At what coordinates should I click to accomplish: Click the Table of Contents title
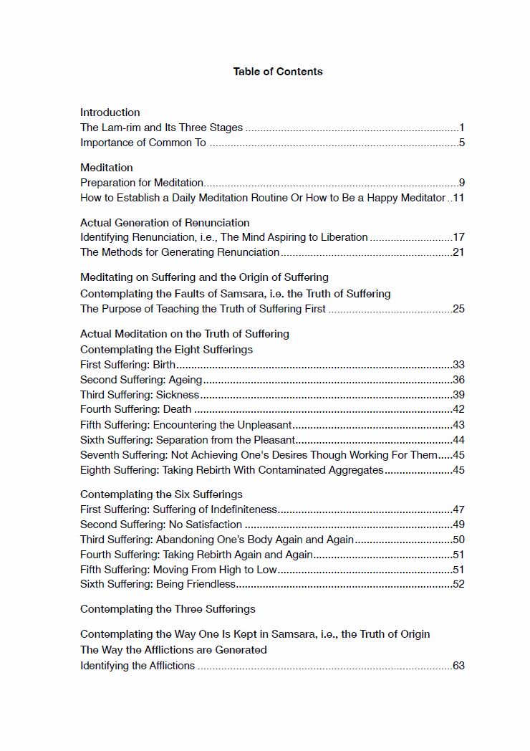pos(278,72)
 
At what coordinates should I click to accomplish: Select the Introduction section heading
pos(110,113)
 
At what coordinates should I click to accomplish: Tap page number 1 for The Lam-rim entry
pos(462,128)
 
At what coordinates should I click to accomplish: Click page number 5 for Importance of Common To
pos(462,143)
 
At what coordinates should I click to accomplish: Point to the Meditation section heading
pos(106,168)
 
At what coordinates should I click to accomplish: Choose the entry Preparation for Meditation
pos(142,183)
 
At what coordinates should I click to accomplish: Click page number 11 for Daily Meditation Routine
pos(458,198)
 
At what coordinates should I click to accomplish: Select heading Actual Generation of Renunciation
pos(165,223)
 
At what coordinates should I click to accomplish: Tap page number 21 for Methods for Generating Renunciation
pos(458,252)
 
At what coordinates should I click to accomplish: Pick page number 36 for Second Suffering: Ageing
pos(458,380)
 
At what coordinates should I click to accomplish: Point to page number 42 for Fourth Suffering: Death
pos(458,410)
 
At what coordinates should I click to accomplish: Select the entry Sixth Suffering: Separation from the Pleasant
pos(188,440)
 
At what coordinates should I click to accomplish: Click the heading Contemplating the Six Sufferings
pos(161,494)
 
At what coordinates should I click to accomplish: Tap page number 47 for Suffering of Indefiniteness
pos(458,510)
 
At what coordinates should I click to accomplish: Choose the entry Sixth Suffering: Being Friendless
pos(158,584)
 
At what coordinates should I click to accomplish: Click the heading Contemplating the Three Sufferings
pos(168,609)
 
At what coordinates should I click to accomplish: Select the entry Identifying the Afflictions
pos(138,666)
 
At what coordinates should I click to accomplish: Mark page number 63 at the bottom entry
pos(458,666)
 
